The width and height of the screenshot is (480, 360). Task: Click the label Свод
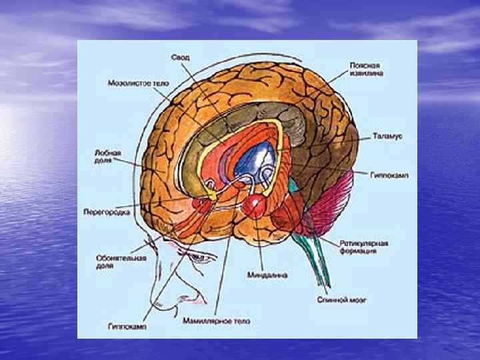coord(180,58)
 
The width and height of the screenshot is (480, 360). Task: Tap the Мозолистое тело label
coord(138,84)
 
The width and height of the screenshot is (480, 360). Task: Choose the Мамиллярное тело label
coord(217,321)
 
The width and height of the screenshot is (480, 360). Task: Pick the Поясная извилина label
coord(365,70)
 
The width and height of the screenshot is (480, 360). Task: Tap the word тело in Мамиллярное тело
coord(240,321)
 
